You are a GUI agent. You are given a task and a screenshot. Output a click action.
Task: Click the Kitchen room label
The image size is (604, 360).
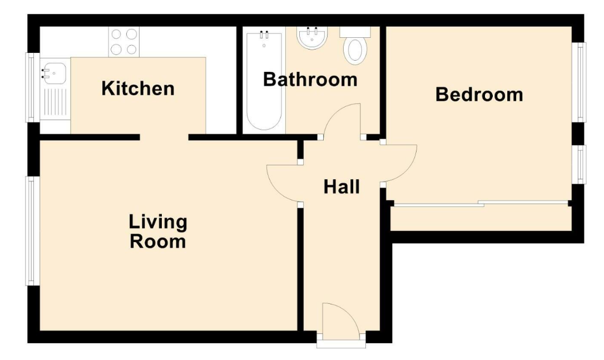[x=138, y=88]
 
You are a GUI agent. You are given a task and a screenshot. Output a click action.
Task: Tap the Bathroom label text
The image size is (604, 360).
[x=310, y=80]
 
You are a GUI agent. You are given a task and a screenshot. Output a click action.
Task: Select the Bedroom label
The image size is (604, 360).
[x=479, y=95]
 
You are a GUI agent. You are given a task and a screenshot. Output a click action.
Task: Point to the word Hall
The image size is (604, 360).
[x=341, y=187]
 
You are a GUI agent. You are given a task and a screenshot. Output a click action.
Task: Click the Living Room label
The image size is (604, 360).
[x=158, y=232]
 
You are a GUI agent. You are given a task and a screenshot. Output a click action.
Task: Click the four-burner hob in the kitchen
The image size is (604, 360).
[x=124, y=42]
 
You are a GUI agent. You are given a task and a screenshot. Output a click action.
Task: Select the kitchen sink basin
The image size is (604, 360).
[x=54, y=72]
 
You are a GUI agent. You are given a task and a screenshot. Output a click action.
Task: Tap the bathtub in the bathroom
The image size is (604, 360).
[x=264, y=81]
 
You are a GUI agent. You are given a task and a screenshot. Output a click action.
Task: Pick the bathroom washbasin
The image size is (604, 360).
[x=313, y=38]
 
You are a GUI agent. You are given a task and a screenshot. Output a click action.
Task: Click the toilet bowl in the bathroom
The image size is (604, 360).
[x=354, y=49]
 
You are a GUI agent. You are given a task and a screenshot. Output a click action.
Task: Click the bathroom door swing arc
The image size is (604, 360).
[x=343, y=120]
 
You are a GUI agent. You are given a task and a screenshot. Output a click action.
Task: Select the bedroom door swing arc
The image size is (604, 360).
[x=399, y=162]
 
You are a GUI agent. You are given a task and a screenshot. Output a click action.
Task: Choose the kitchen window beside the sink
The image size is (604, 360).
[x=32, y=87]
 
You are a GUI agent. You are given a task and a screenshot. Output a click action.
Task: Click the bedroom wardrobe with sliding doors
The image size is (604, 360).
[x=481, y=218]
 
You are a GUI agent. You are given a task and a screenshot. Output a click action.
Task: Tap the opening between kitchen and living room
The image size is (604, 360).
[x=164, y=137]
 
